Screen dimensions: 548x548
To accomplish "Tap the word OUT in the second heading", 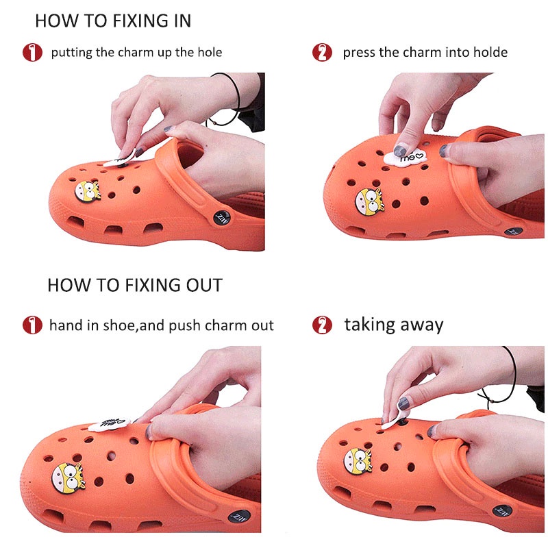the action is [204, 285].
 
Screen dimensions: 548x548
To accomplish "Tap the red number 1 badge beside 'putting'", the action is [32, 53].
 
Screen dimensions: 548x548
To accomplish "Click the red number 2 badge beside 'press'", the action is [322, 53].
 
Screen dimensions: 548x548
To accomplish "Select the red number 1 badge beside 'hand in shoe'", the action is [32, 325].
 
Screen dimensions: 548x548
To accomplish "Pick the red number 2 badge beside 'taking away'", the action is [322, 325].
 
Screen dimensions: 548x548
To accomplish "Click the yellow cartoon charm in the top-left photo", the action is [88, 192].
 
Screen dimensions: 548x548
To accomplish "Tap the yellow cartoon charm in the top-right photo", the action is [369, 202].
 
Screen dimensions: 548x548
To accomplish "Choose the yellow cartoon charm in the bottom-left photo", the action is [68, 478].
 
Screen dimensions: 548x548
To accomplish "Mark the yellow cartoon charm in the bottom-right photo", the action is [358, 462].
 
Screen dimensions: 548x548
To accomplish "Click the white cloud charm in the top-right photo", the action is [406, 158].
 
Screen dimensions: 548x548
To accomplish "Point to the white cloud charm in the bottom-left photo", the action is [109, 424].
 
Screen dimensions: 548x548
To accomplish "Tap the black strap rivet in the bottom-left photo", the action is [239, 516].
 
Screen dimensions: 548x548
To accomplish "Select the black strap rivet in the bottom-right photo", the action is [502, 511].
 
